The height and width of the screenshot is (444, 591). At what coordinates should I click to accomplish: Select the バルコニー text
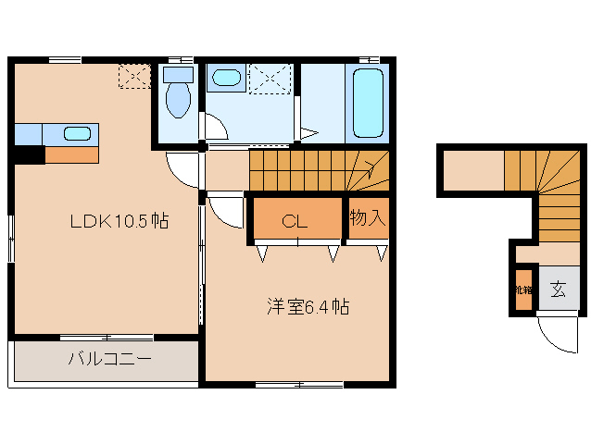coord(108,359)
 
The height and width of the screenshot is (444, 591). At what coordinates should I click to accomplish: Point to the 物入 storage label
coord(368,219)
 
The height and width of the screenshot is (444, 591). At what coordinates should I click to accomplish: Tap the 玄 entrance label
coord(559,290)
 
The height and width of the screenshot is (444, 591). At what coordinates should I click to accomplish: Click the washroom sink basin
coord(224,79)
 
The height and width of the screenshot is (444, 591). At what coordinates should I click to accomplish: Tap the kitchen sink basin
coord(77,133)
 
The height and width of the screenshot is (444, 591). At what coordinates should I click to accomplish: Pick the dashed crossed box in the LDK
coord(134,76)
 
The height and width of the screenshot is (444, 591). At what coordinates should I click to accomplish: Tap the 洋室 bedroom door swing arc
coord(223,214)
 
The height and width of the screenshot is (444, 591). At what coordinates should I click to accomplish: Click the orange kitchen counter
coord(71,154)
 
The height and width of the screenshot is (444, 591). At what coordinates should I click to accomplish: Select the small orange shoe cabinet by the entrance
coord(523,289)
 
